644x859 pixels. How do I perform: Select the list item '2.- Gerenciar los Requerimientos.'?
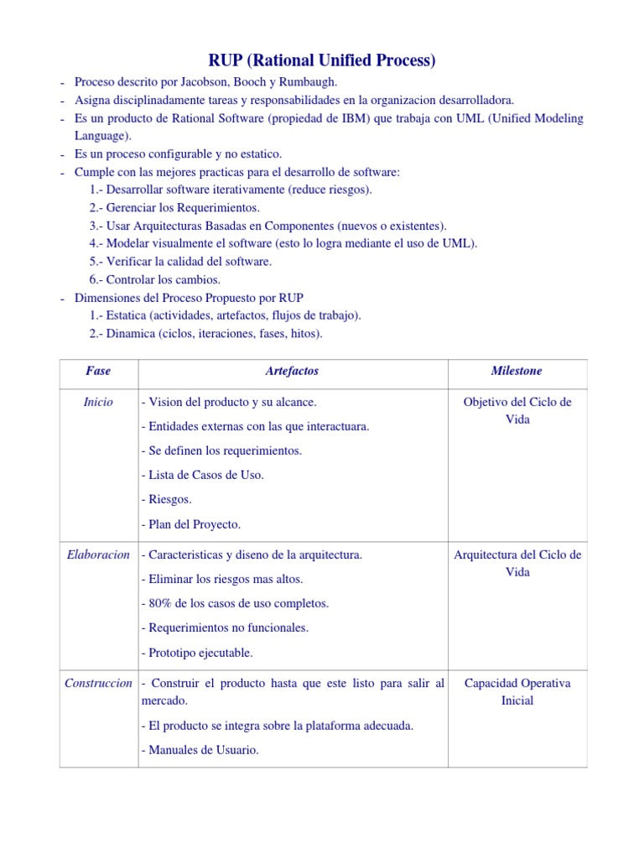[x=174, y=207]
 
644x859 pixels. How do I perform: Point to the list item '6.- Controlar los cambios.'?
[x=155, y=279]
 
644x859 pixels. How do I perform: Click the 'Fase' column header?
[x=98, y=371]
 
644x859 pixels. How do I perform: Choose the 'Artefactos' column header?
[x=292, y=371]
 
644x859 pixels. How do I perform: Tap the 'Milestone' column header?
[x=517, y=371]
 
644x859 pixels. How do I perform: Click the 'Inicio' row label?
[x=98, y=402]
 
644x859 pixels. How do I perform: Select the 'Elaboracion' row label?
[x=98, y=554]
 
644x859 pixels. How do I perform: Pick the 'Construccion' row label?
[x=98, y=683]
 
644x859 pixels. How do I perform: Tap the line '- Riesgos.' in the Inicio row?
[x=167, y=499]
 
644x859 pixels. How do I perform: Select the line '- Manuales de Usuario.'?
[x=200, y=750]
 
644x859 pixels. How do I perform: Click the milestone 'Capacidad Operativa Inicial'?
[x=517, y=691]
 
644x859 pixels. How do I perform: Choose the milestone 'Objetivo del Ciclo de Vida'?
[x=517, y=410]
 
